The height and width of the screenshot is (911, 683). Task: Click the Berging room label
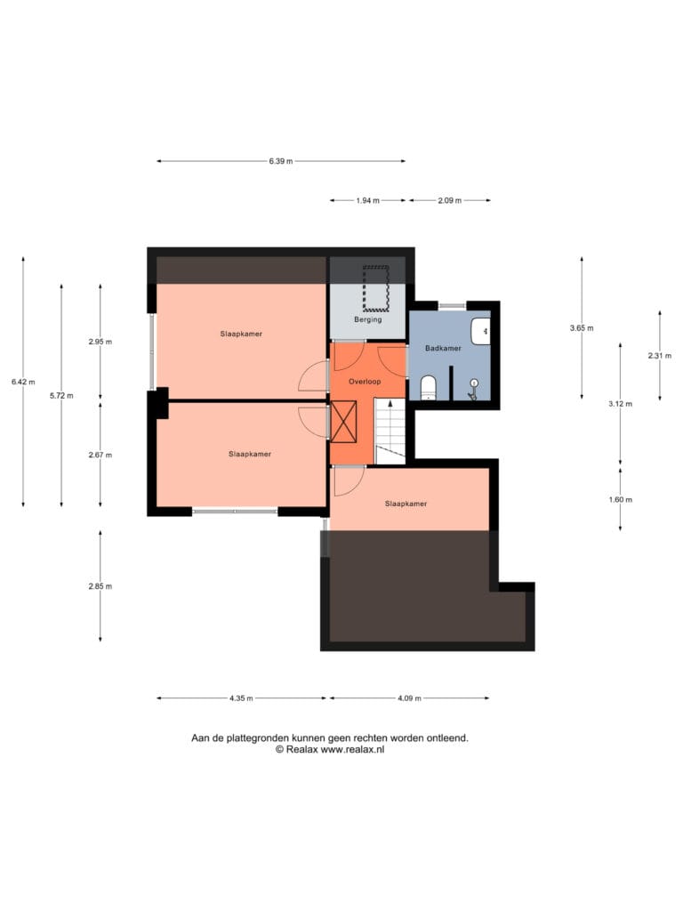coord(368,319)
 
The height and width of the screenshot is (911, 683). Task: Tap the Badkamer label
coord(443,348)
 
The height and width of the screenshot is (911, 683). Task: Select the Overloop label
coord(365,382)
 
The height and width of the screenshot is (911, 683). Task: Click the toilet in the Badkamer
coord(428,388)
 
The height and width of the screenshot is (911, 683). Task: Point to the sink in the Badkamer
coord(480,331)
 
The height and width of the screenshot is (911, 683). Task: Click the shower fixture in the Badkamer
coord(473,390)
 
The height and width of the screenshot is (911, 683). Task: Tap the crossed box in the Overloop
coord(343,422)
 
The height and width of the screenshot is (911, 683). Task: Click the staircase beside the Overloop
coord(390,431)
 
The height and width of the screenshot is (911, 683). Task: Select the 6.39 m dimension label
coord(280,161)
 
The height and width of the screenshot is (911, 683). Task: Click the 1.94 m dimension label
coord(367,200)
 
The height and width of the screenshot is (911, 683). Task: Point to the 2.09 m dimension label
coord(449,200)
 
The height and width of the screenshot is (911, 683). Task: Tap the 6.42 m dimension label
coord(23,382)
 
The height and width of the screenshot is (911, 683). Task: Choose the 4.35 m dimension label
coord(241,698)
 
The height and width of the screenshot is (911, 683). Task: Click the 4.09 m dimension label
coord(409,698)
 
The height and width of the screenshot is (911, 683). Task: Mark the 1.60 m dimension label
coord(620,500)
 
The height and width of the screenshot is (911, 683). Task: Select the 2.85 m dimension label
coord(100,586)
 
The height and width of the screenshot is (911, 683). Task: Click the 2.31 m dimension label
coord(660,356)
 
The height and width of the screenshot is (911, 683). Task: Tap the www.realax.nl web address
coord(352,749)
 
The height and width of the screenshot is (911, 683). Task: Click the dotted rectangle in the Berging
coord(376,288)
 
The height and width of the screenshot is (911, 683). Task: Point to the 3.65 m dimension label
coord(582,327)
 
